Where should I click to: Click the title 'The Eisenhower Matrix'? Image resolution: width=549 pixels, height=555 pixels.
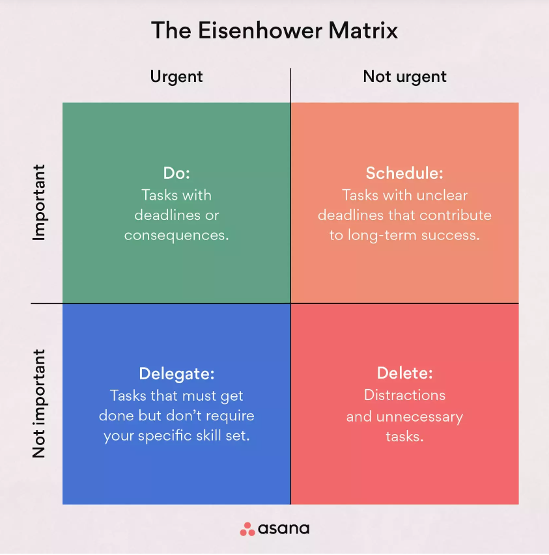coord(274,31)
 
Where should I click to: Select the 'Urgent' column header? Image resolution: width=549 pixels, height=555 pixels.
coord(176,76)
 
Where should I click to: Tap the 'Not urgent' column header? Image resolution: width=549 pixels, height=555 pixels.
coord(404,76)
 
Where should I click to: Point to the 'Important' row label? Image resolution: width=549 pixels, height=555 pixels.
coord(39,202)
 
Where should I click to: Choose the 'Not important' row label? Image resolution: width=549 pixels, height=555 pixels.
coord(39,403)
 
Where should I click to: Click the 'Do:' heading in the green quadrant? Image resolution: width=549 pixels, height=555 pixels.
coord(176,174)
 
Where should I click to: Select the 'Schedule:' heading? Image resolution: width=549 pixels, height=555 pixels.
coord(404,174)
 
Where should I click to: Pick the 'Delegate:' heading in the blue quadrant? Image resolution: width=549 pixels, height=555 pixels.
coord(176,374)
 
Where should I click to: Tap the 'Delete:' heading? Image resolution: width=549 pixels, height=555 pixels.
coord(404,374)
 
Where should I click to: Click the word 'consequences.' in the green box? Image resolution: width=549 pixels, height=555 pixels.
coord(176,235)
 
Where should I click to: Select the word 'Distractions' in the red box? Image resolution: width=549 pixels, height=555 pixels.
coord(404,395)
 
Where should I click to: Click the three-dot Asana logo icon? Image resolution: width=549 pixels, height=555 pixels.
coord(247,529)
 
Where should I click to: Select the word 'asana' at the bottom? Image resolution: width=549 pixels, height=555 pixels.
coord(284,529)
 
